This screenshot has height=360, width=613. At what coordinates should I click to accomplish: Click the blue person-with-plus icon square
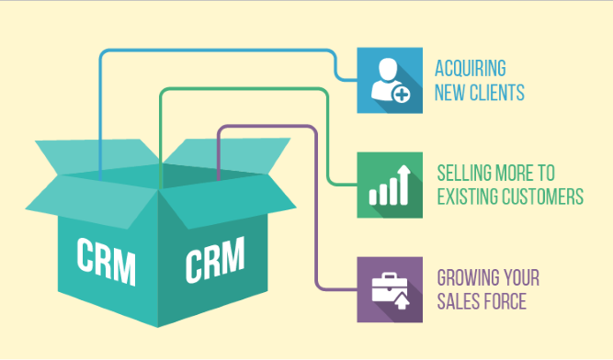click(x=390, y=80)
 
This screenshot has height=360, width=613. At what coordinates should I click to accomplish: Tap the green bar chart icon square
click(x=390, y=185)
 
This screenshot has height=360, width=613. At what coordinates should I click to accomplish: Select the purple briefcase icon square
click(x=390, y=289)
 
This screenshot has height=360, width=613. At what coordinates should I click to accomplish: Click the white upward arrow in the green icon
click(x=403, y=173)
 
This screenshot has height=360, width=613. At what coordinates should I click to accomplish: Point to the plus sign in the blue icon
click(x=402, y=93)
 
